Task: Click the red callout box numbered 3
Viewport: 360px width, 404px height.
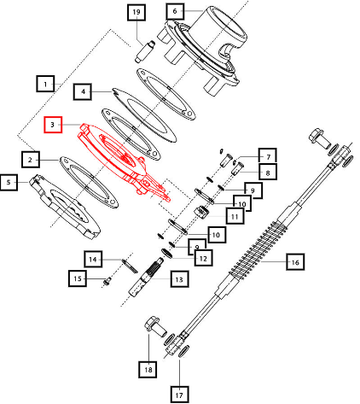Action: click(x=53, y=124)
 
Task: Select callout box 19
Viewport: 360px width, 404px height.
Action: click(x=137, y=13)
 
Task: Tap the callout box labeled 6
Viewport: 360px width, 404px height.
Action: click(x=175, y=11)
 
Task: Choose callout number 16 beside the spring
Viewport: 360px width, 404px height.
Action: click(x=295, y=262)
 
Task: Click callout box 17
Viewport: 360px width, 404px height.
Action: click(x=179, y=395)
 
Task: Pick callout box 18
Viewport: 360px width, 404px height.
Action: click(x=148, y=369)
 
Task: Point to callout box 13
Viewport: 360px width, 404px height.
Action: click(x=179, y=279)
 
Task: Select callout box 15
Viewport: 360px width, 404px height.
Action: click(x=77, y=278)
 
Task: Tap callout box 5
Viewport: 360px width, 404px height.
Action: click(x=9, y=182)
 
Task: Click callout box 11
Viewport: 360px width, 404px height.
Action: click(x=235, y=216)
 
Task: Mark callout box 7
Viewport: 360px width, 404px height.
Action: click(x=268, y=156)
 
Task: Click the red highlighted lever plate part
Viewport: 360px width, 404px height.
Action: click(x=123, y=160)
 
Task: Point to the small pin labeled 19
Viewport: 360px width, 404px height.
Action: click(x=144, y=51)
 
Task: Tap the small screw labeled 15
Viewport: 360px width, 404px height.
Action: click(x=107, y=282)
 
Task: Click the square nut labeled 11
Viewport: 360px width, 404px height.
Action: click(x=201, y=211)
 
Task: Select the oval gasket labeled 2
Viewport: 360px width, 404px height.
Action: click(x=89, y=182)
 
